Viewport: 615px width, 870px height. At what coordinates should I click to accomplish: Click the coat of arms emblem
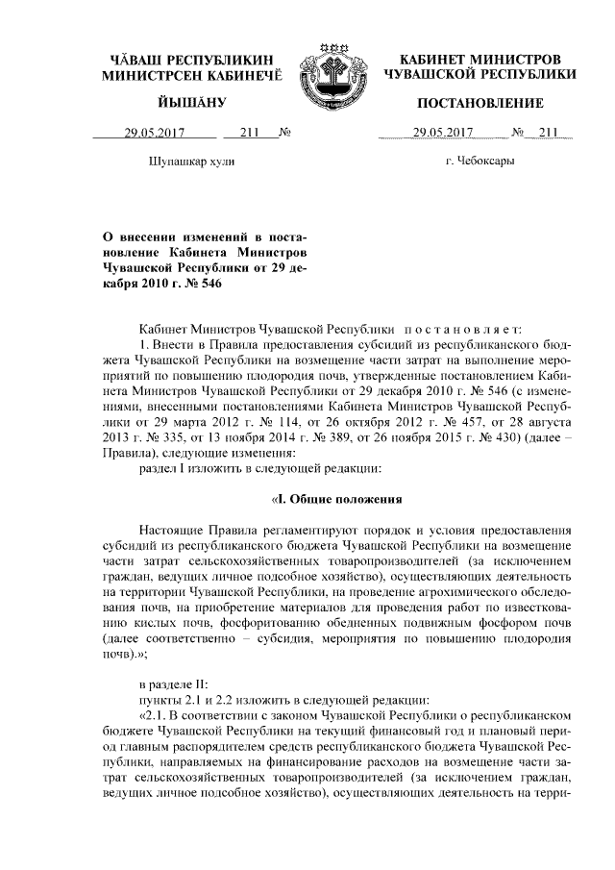click(x=330, y=73)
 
